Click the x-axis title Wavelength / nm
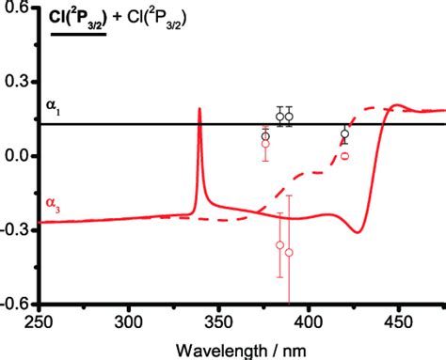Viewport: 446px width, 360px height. tap(243, 346)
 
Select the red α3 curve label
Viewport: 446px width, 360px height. tap(55, 202)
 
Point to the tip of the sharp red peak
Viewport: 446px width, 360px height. tap(199, 109)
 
